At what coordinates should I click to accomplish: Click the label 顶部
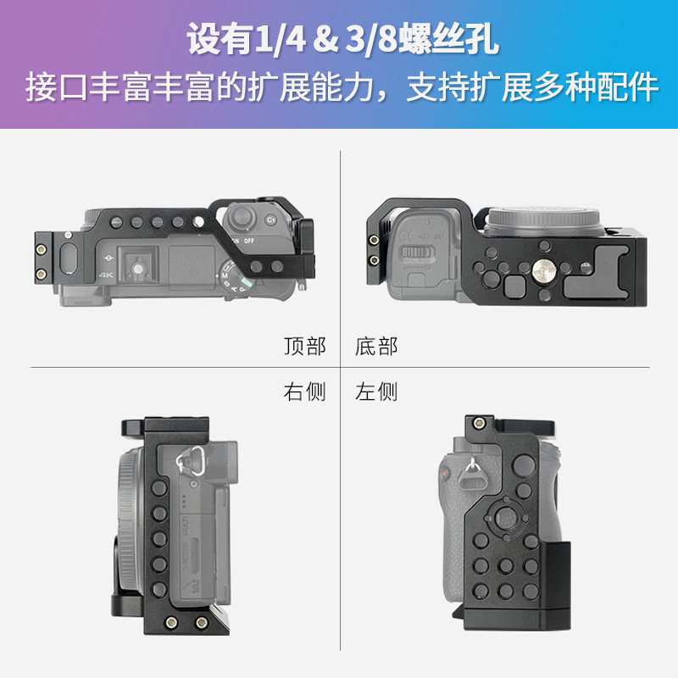coord(305,347)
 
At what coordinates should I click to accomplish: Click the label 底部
coord(376,347)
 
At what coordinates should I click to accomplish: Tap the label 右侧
coord(305,392)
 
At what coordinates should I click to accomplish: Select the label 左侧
coord(376,392)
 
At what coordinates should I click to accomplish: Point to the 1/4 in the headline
coord(281,39)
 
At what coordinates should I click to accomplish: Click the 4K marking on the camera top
coord(106,275)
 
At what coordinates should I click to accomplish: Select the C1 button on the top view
coord(270,220)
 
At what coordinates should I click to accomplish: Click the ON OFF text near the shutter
coord(243,241)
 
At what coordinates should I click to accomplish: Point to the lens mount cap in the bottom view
coord(542,221)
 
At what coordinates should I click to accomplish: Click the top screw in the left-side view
coord(478,423)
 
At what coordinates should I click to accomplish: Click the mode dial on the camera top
coord(234,278)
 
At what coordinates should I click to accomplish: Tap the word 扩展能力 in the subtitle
coord(311,88)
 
